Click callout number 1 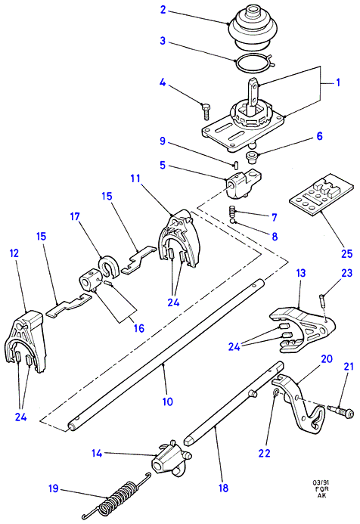coord(338,82)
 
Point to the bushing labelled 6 coord(251,157)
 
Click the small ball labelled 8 coord(233,222)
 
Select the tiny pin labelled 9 coord(236,164)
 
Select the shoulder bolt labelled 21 coord(340,411)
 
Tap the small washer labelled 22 coord(276,393)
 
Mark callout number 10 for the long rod coord(167,402)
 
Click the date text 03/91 coord(320,483)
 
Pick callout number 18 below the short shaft coord(223,488)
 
